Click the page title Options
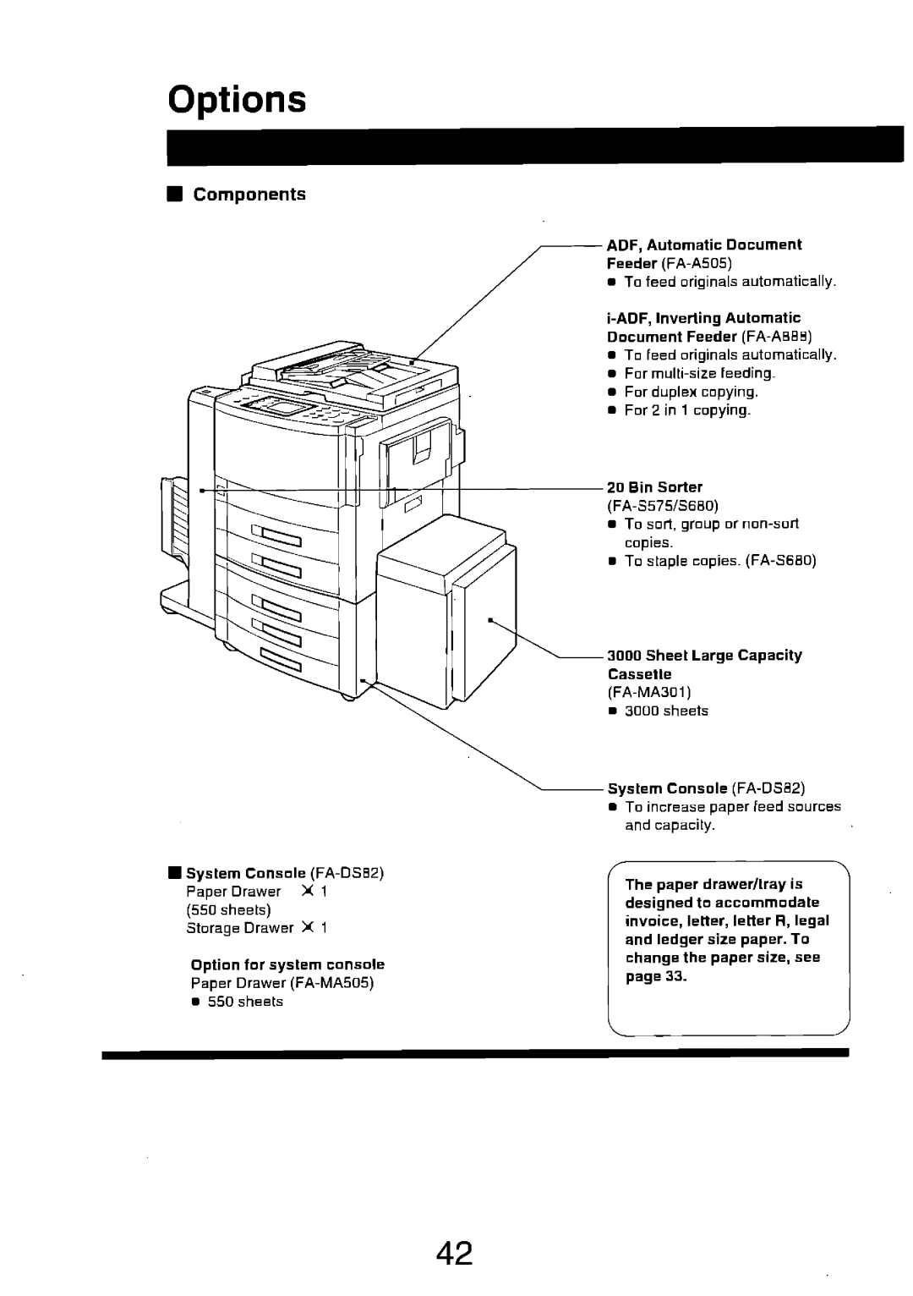pos(236,100)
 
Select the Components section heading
pos(249,195)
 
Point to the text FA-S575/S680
pos(662,505)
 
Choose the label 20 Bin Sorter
pos(654,486)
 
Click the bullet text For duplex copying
pos(691,392)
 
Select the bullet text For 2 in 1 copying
pos(686,410)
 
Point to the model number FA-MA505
pos(332,983)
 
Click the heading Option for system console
pos(287,964)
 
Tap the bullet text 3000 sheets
pos(666,711)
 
